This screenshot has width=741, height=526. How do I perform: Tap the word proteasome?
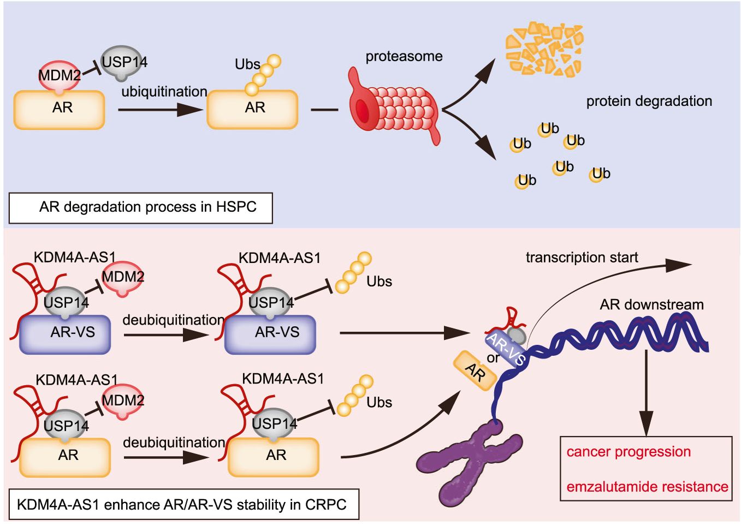pyautogui.click(x=404, y=56)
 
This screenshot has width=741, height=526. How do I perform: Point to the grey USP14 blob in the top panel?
pyautogui.click(x=123, y=63)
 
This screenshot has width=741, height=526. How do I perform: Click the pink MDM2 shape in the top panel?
pyautogui.click(x=58, y=75)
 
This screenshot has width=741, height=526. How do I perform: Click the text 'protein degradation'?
pyautogui.click(x=649, y=101)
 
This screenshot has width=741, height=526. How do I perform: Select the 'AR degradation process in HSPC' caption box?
pyautogui.click(x=141, y=207)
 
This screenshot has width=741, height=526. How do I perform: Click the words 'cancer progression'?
pyautogui.click(x=629, y=452)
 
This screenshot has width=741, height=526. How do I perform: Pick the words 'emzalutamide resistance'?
pyautogui.click(x=647, y=487)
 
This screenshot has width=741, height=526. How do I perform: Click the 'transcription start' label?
pyautogui.click(x=582, y=258)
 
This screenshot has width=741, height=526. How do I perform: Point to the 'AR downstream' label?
pyautogui.click(x=651, y=304)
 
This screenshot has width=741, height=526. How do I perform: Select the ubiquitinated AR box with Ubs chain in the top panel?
pyautogui.click(x=253, y=109)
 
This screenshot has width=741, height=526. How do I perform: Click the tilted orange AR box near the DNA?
pyautogui.click(x=475, y=372)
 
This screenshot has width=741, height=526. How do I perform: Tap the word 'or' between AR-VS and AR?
pyautogui.click(x=493, y=358)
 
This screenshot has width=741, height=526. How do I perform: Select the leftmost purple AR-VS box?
pyautogui.click(x=65, y=333)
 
